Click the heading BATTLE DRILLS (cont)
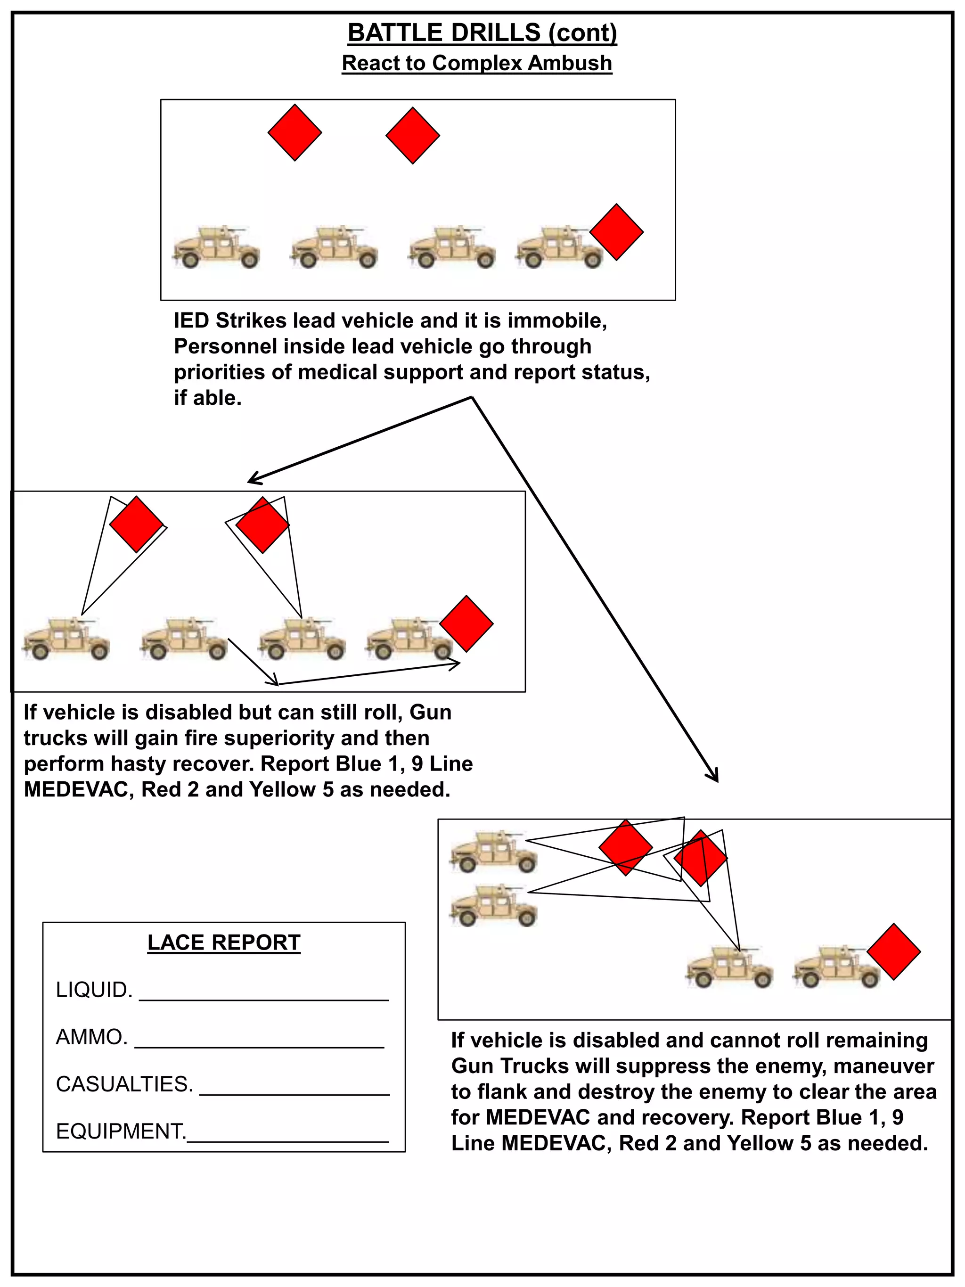pyautogui.click(x=482, y=33)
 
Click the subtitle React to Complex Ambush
pyautogui.click(x=477, y=63)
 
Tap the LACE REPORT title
pyautogui.click(x=224, y=943)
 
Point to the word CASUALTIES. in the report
pyautogui.click(x=124, y=1084)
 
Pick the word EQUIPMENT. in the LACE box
pyautogui.click(x=121, y=1131)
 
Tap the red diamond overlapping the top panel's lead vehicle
pyautogui.click(x=617, y=231)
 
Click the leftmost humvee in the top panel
pyautogui.click(x=216, y=248)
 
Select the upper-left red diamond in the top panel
pyautogui.click(x=295, y=132)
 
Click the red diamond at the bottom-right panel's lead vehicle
pyautogui.click(x=893, y=952)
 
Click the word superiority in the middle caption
pyautogui.click(x=276, y=738)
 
